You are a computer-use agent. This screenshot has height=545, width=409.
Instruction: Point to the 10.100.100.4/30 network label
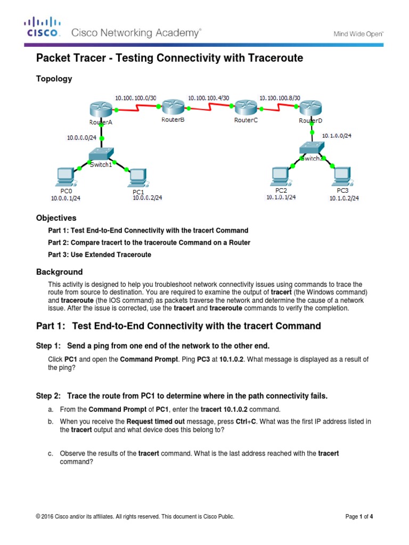pyautogui.click(x=209, y=98)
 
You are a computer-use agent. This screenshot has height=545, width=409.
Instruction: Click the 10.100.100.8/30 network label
pyautogui.click(x=280, y=98)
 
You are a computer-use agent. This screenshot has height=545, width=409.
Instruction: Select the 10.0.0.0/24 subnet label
pyautogui.click(x=81, y=137)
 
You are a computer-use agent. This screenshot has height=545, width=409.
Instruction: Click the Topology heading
pyautogui.click(x=54, y=79)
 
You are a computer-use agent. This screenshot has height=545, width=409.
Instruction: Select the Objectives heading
pyautogui.click(x=56, y=218)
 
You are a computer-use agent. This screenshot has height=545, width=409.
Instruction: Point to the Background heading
pyautogui.click(x=59, y=271)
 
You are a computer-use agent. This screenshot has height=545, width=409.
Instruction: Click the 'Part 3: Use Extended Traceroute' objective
pyautogui.click(x=100, y=255)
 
